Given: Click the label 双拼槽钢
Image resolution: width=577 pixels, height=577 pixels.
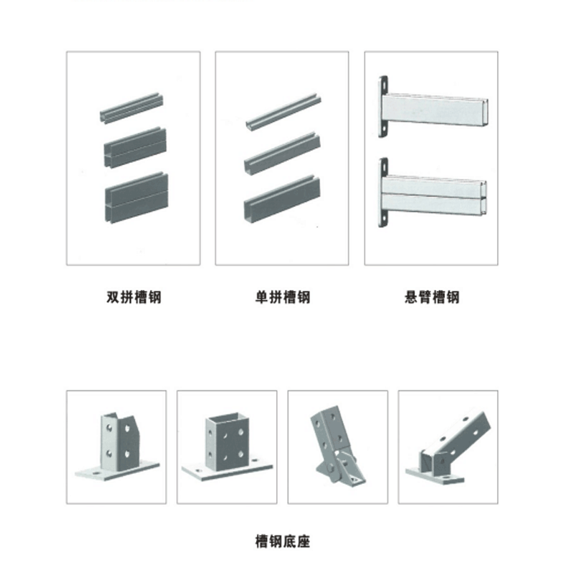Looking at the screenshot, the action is (x=134, y=297).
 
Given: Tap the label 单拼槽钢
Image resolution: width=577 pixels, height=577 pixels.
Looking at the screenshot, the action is (x=283, y=297).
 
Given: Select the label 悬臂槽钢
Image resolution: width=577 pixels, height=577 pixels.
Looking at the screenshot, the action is (x=431, y=297).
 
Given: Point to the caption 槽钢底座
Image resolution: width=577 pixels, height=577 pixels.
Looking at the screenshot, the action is (x=283, y=542).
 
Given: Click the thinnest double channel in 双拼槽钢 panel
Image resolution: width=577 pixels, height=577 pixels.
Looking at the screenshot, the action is (x=132, y=107).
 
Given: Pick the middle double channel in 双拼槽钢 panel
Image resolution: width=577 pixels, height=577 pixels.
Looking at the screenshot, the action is (x=135, y=148).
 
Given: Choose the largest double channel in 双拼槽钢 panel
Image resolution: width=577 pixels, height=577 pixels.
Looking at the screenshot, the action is (x=136, y=198).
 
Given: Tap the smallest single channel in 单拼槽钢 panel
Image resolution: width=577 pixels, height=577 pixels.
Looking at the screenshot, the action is (x=283, y=110).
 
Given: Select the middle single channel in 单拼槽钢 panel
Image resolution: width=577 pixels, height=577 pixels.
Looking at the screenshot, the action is (x=282, y=153).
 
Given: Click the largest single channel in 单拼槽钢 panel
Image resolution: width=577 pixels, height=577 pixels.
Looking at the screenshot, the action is (x=282, y=199).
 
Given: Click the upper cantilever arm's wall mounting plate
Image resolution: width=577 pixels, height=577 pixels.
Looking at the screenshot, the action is (x=383, y=107).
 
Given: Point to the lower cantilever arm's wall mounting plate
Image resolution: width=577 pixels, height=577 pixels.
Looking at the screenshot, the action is (x=383, y=193).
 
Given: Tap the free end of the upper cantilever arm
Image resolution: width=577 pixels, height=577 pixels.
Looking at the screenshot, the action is (x=486, y=113).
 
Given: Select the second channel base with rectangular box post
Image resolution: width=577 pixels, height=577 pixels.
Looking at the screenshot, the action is (x=227, y=446).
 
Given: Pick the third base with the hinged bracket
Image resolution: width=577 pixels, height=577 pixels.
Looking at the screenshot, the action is (x=338, y=446).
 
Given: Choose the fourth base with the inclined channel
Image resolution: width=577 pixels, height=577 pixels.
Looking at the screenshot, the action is (x=448, y=447).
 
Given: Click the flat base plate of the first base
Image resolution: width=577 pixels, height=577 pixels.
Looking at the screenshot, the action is (x=118, y=471).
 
